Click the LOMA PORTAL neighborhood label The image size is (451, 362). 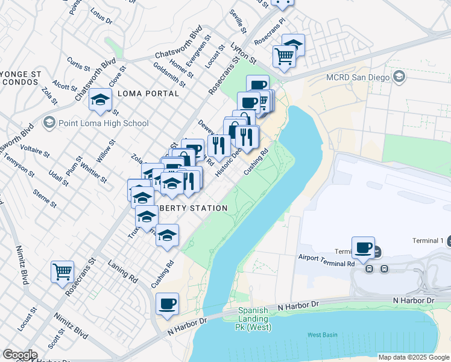point(148,94)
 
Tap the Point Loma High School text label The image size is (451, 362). point(104,123)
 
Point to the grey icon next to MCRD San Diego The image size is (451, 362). point(399,77)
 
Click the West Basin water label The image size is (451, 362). point(323,334)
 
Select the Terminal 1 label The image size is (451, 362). point(428,241)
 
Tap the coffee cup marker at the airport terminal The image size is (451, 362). point(363,247)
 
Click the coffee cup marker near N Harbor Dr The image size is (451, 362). point(167,303)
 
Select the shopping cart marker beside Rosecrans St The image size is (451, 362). point(62,271)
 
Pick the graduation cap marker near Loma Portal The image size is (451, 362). point(99,100)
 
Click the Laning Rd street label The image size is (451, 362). point(123,269)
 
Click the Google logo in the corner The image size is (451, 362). point(19,355)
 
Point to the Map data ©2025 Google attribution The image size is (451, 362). point(413,357)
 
